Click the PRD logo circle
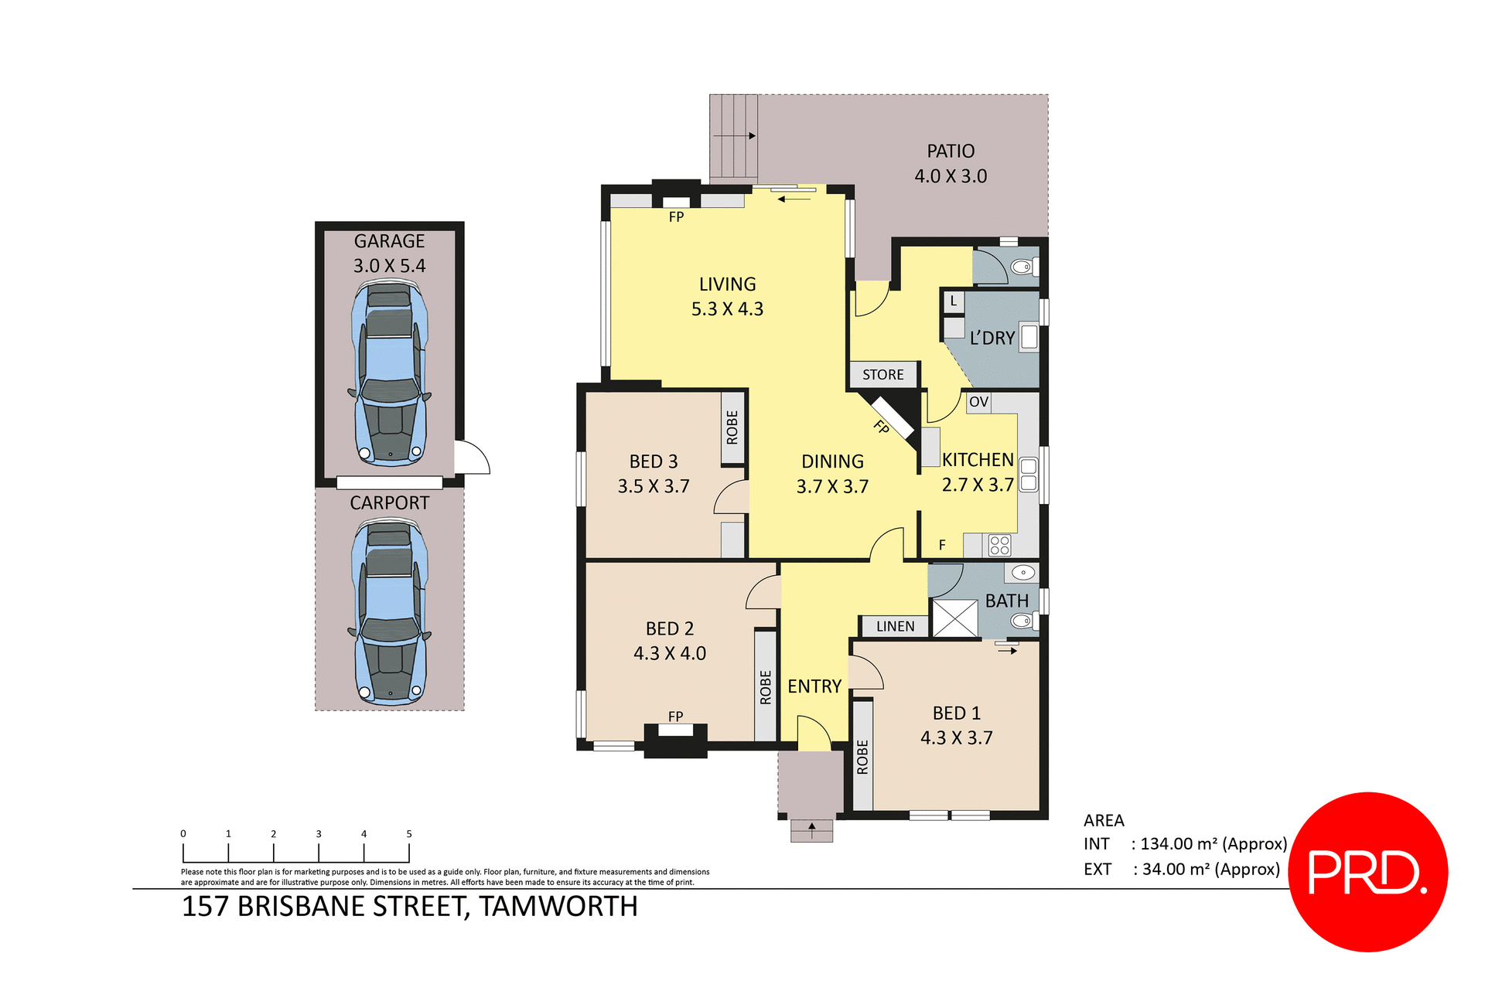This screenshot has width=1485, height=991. (x=1367, y=871)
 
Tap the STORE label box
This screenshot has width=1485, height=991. (x=883, y=375)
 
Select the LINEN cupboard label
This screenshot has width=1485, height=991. (x=895, y=626)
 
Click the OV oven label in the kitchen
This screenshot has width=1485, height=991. (x=978, y=402)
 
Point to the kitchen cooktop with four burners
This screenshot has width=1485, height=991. (x=999, y=545)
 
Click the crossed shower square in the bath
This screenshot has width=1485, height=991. (x=955, y=618)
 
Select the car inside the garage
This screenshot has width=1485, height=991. (x=390, y=374)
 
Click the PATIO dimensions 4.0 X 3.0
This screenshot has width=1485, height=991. (x=951, y=176)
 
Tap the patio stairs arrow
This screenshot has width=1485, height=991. (x=735, y=136)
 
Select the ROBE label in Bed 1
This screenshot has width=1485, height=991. (x=862, y=757)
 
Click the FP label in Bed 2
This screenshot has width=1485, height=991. (x=675, y=717)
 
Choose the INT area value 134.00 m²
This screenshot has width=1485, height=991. (x=1210, y=844)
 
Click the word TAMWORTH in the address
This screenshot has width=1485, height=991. (x=558, y=907)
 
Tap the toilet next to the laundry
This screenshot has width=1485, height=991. (x=1023, y=267)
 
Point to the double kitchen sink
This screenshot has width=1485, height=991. (x=1028, y=475)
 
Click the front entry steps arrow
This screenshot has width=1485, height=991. (x=811, y=830)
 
